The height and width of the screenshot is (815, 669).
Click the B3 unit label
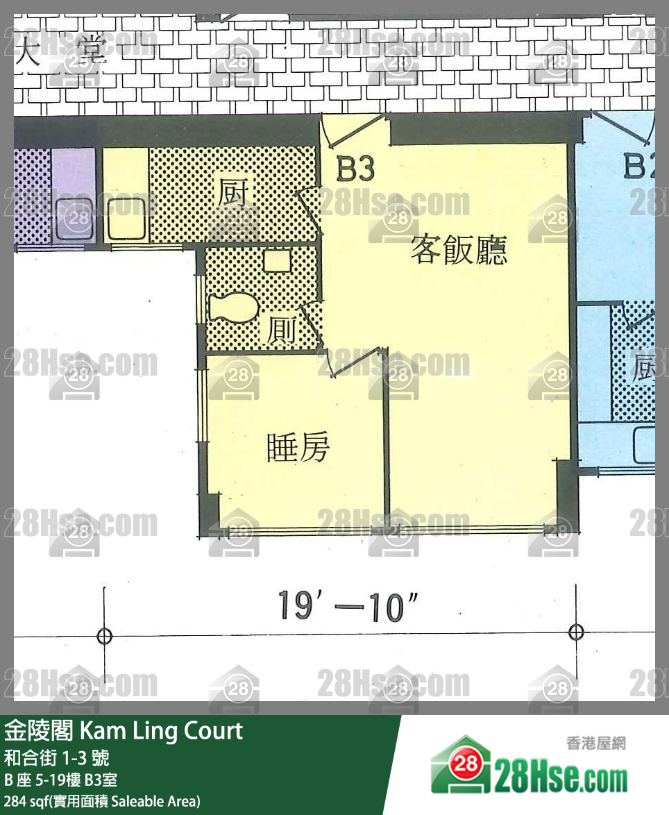click(x=355, y=169)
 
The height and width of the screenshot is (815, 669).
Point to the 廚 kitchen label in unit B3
click(x=234, y=194)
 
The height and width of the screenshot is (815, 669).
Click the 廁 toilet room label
click(x=283, y=331)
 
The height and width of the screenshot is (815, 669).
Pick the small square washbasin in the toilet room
click(x=277, y=260)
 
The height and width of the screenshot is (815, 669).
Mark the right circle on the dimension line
click(x=575, y=632)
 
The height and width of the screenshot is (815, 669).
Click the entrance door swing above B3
click(x=354, y=130)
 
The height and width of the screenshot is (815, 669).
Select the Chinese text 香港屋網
click(x=595, y=743)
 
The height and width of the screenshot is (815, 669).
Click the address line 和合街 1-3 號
click(x=56, y=757)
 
